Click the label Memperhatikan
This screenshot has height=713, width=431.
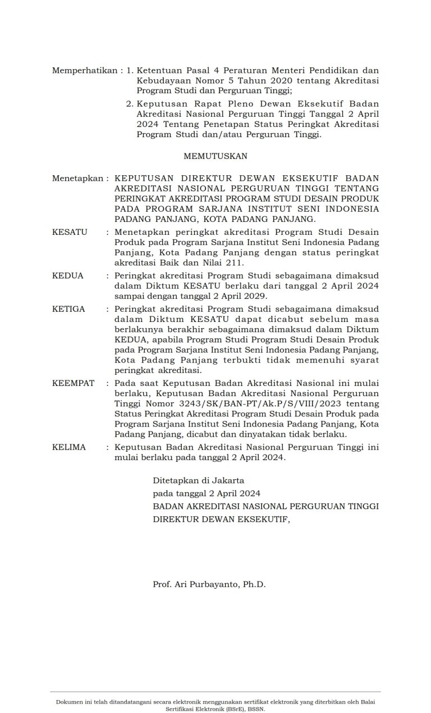(85, 71)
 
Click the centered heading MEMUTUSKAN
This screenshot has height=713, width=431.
(215, 156)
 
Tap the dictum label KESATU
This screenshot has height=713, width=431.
(70, 232)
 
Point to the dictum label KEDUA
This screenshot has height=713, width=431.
(68, 276)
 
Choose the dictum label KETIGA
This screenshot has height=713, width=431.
(69, 309)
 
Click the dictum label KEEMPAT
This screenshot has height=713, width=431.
(73, 383)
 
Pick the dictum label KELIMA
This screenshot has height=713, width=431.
(69, 447)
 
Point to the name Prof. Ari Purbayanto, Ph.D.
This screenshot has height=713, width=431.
(209, 584)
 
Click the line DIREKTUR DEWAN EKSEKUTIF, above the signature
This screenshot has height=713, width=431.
(222, 520)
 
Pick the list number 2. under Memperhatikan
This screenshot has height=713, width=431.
(130, 104)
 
